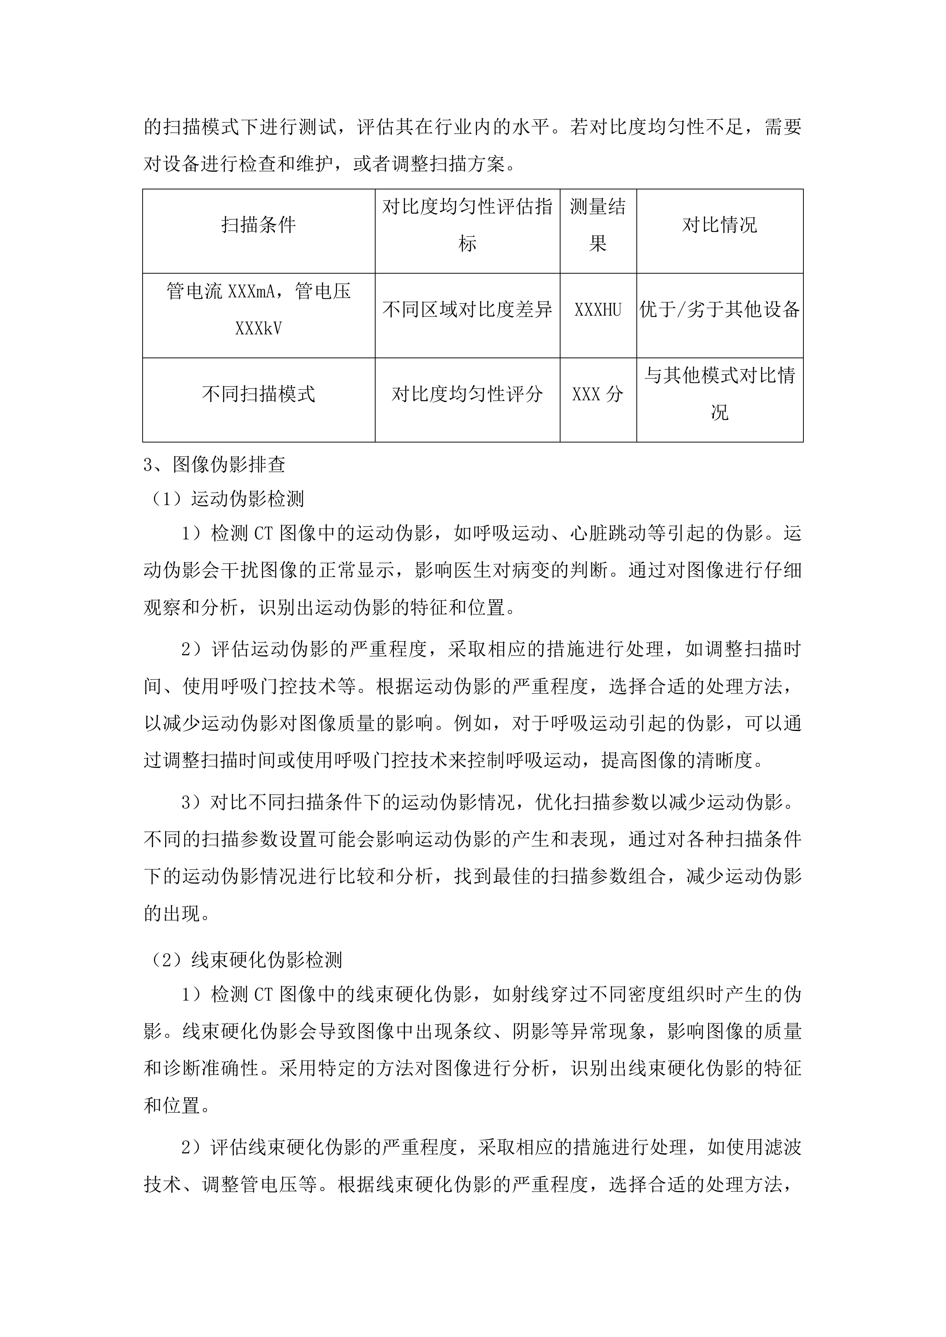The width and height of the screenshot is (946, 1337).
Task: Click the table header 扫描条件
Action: [x=259, y=225]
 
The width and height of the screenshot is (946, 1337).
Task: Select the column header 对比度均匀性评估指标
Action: [x=467, y=225]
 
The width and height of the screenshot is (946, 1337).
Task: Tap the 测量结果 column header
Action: [x=597, y=225]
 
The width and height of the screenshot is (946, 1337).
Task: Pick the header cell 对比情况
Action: [x=720, y=225]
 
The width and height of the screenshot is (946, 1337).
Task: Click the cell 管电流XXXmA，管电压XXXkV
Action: [x=259, y=310]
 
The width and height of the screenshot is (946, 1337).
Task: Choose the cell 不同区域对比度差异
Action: [x=467, y=310]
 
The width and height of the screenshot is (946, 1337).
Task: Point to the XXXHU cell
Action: [x=597, y=310]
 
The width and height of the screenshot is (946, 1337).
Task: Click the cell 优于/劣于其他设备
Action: [x=720, y=310]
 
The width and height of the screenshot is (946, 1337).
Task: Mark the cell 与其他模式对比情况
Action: [x=720, y=394]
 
